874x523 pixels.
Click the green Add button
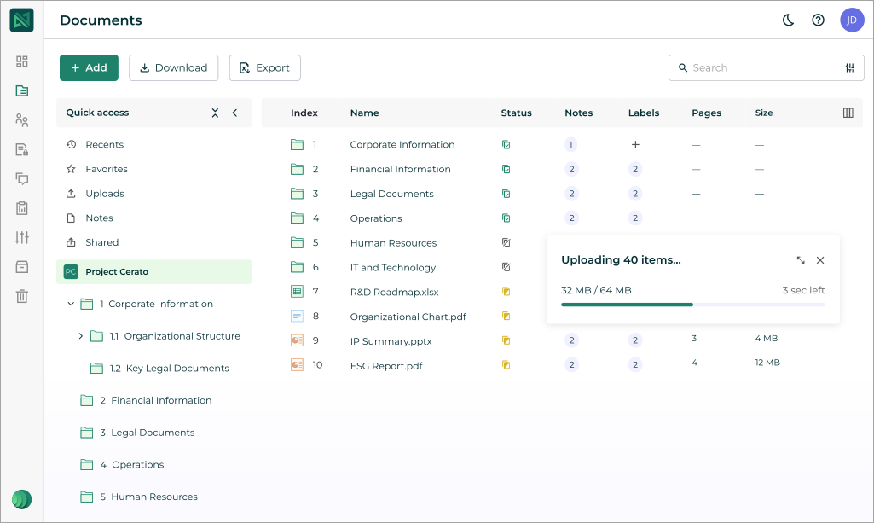pyautogui.click(x=89, y=68)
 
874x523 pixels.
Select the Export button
pyautogui.click(x=264, y=68)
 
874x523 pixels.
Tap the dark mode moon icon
pyautogui.click(x=789, y=20)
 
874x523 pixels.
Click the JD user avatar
pyautogui.click(x=852, y=20)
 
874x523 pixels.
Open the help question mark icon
pyautogui.click(x=819, y=20)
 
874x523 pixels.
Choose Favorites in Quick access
pyautogui.click(x=107, y=169)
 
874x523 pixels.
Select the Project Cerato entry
pyautogui.click(x=117, y=272)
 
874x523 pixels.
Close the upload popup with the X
pyautogui.click(x=820, y=260)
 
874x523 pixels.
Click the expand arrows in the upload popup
pyautogui.click(x=801, y=260)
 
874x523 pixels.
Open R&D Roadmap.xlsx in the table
pyautogui.click(x=394, y=292)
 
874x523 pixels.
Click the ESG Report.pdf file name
pyautogui.click(x=386, y=366)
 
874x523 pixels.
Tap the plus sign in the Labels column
pyautogui.click(x=635, y=145)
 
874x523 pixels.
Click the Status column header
pyautogui.click(x=516, y=113)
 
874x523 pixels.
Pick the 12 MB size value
pyautogui.click(x=767, y=363)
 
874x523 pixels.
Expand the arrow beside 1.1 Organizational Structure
pyautogui.click(x=81, y=336)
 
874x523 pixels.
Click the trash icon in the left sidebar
pyautogui.click(x=22, y=297)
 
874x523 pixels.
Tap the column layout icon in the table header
pyautogui.click(x=848, y=113)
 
